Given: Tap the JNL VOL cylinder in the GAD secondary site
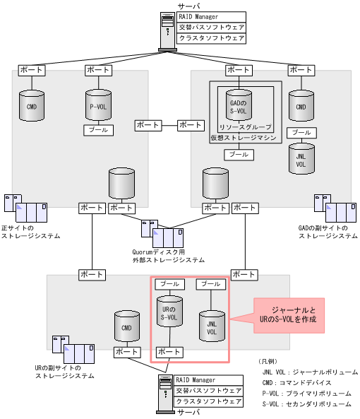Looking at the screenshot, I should click(301, 158).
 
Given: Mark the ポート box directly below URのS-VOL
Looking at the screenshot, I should click(169, 351).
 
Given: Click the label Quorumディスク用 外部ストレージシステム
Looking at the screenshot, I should click(169, 255).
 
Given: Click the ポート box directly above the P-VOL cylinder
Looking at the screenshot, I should click(97, 71).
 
